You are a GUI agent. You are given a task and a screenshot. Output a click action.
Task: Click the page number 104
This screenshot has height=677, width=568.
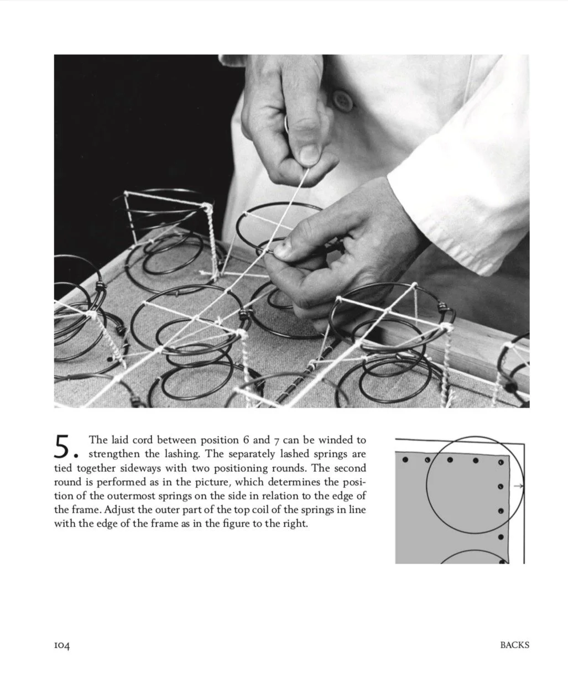click(62, 645)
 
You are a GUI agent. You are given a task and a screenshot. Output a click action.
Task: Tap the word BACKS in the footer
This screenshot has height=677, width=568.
click(514, 645)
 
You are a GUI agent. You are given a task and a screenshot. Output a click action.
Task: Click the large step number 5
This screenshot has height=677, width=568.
click(62, 446)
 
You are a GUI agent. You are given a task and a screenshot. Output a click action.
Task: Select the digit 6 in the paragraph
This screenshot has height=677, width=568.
click(246, 440)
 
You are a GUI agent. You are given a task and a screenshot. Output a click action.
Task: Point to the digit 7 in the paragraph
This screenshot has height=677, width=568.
click(276, 441)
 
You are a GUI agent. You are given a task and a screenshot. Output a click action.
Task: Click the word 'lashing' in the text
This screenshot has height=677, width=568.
click(182, 455)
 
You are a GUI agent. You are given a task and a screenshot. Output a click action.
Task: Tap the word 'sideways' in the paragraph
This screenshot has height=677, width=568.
click(143, 468)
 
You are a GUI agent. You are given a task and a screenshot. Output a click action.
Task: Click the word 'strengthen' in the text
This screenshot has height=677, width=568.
click(113, 455)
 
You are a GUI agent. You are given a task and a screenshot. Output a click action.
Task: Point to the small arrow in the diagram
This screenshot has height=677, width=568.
click(519, 486)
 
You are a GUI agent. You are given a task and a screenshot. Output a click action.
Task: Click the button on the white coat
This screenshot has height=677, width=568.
click(341, 100)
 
